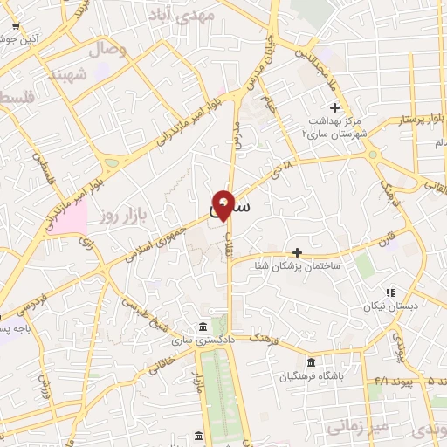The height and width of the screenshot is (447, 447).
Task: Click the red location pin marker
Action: [223, 203]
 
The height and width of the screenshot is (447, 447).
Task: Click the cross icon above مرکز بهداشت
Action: [334, 107]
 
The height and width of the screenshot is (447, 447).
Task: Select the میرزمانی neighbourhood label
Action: [354, 427]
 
